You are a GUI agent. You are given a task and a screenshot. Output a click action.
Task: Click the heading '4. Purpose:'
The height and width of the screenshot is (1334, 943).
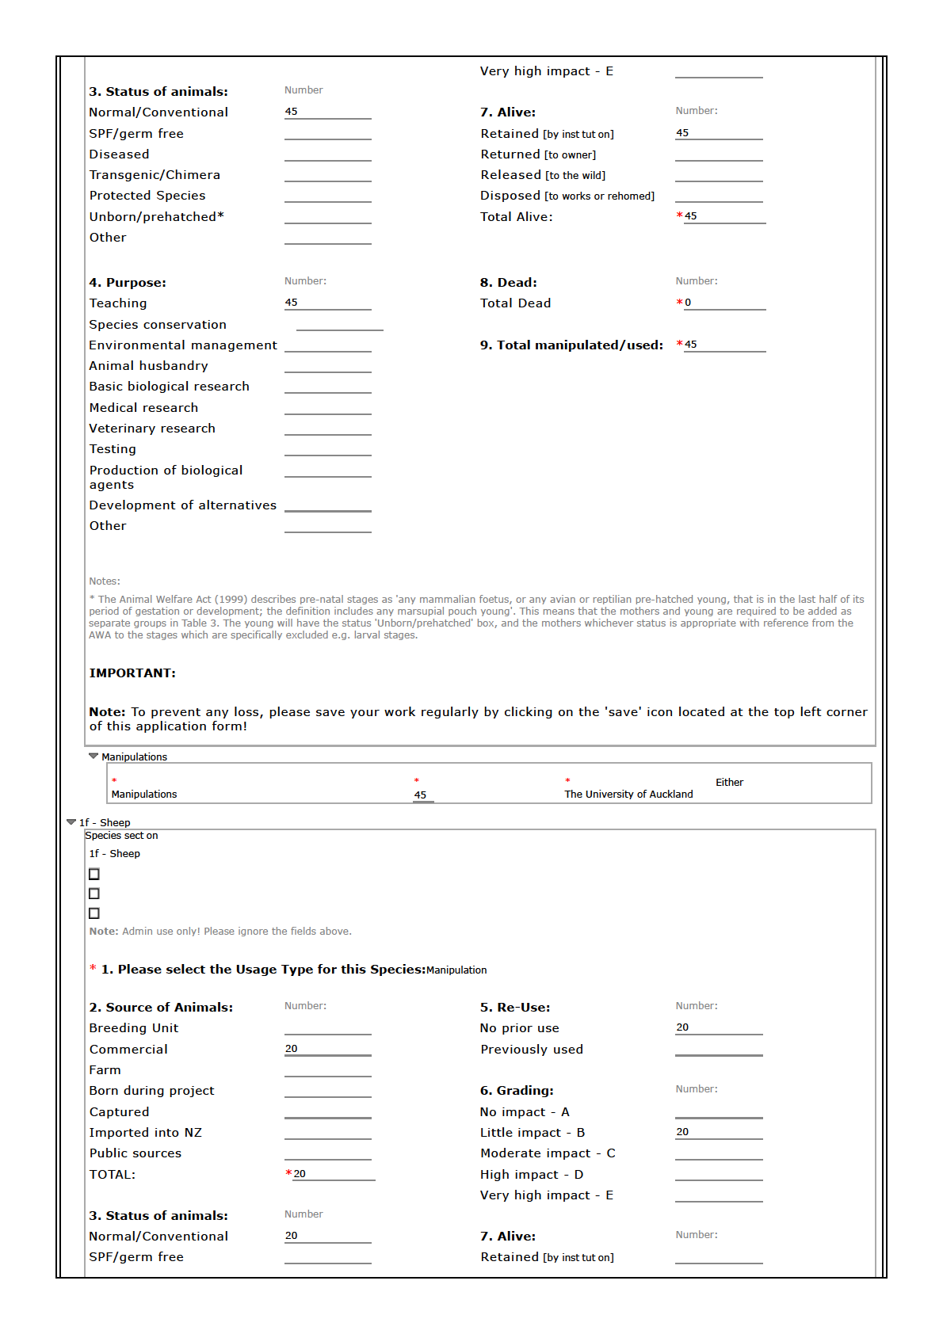click(128, 283)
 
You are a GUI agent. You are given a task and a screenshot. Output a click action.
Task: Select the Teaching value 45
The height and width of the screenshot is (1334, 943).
click(292, 303)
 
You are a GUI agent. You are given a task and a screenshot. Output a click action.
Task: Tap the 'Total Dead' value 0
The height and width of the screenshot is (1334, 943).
click(688, 303)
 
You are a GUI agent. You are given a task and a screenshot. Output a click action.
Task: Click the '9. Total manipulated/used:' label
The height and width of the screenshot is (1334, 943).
click(571, 345)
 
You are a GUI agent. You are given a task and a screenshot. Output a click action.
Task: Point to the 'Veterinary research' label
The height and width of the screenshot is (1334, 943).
click(152, 429)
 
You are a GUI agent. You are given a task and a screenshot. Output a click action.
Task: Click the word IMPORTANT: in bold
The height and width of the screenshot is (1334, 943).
click(132, 673)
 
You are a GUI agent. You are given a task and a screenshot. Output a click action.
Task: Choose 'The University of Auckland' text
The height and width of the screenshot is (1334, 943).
click(628, 795)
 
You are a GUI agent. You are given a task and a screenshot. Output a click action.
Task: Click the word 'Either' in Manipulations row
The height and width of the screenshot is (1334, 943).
click(729, 783)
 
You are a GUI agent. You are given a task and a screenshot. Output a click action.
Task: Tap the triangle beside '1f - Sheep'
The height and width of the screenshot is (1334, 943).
click(71, 822)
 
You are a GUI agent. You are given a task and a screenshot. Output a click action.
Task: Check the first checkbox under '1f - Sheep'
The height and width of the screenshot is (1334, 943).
click(94, 875)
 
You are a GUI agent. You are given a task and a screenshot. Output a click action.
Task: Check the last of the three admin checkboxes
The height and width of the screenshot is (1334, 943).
click(94, 913)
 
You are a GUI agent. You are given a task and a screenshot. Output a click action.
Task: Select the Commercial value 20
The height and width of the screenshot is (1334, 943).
click(292, 1049)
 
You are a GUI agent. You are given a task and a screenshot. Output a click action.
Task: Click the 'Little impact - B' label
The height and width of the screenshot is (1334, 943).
click(533, 1133)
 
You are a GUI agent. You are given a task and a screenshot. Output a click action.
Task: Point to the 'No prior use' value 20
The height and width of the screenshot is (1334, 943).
click(682, 1027)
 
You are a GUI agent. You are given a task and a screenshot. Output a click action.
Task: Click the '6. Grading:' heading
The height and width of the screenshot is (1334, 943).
click(517, 1091)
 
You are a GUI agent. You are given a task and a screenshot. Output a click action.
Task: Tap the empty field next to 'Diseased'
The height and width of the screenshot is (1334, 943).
click(327, 155)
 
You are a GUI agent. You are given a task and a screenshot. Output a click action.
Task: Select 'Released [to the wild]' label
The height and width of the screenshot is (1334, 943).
click(543, 175)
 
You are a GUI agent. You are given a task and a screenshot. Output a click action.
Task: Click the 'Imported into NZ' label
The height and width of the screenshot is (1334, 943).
click(146, 1133)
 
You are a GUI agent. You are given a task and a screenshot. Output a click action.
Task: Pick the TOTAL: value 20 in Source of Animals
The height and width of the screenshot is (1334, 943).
click(300, 1174)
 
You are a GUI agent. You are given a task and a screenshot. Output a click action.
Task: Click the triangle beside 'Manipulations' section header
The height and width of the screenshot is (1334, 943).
click(94, 757)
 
